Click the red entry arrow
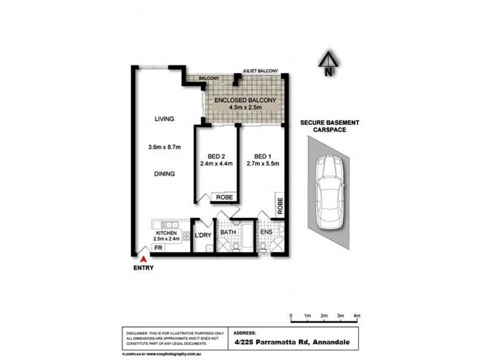point(143,259)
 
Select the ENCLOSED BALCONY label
point(243,100)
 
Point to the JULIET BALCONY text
point(260,71)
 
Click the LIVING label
point(163,119)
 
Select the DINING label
point(163,174)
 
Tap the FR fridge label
point(158,247)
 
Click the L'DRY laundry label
point(203,235)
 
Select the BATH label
point(227,231)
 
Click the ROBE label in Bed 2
point(225,196)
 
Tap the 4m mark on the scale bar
point(356,316)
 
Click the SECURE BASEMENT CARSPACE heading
point(329,126)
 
